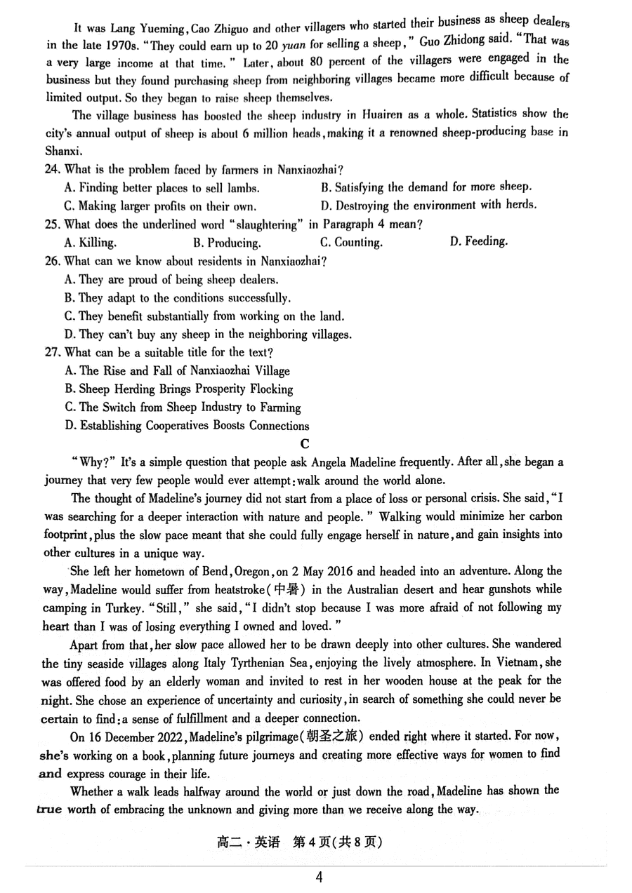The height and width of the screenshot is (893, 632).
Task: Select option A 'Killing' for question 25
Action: click(x=91, y=243)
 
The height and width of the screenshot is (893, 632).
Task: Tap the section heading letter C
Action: click(x=304, y=443)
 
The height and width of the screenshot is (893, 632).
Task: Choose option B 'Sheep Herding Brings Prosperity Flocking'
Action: click(x=186, y=389)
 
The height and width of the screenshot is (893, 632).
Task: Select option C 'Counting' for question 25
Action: click(x=351, y=243)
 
